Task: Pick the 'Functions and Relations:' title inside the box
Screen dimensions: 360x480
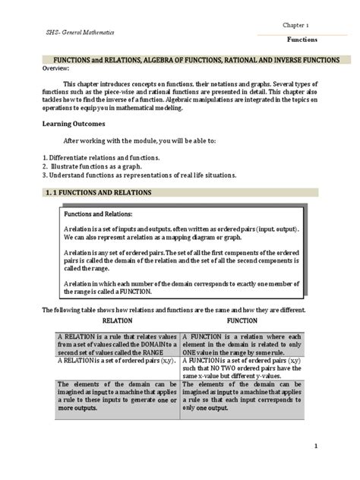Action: tap(101, 215)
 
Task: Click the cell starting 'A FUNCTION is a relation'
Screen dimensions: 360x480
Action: tap(242, 344)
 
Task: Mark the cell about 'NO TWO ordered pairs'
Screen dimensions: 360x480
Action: tap(242, 370)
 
